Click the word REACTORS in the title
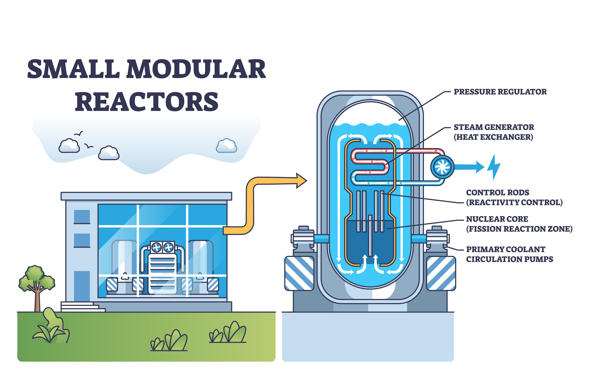147,102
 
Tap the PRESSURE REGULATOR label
500,92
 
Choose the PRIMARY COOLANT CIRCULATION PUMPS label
509,254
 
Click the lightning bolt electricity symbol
494,167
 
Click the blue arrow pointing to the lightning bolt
468,167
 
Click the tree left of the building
37,286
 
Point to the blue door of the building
82,286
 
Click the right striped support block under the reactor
441,273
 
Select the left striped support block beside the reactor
299,273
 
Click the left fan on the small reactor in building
156,247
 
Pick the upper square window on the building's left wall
82,217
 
